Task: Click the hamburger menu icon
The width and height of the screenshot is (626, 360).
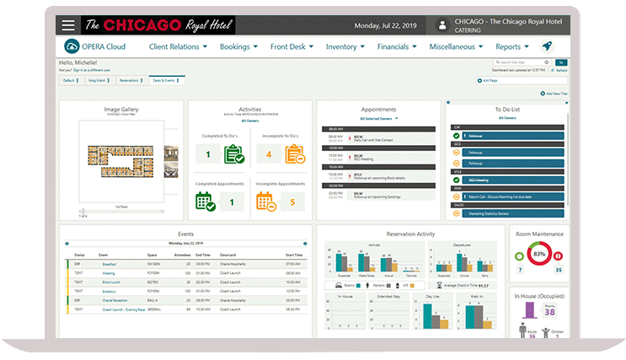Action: pos(68,25)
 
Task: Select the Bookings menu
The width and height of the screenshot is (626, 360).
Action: pos(238,47)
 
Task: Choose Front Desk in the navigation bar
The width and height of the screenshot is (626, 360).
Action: pos(292,47)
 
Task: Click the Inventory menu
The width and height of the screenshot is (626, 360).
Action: pos(345,47)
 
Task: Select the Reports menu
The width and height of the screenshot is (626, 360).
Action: pos(512,47)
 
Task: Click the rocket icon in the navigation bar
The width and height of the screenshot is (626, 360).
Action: pos(548,47)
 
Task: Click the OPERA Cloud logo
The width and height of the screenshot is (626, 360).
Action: pos(95,47)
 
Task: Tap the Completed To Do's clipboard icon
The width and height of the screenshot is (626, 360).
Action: pos(233,154)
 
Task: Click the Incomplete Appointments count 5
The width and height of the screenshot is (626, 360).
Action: pos(292,202)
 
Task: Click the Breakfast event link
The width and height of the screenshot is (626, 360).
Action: pos(109,264)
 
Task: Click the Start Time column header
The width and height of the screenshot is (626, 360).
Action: pos(293,255)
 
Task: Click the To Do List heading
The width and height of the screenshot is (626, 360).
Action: pos(506,109)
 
